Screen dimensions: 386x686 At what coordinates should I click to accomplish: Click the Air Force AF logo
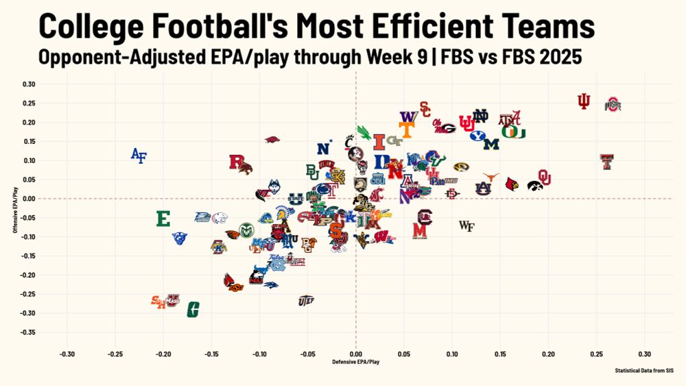click(139, 156)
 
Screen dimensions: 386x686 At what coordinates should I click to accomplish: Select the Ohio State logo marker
click(613, 105)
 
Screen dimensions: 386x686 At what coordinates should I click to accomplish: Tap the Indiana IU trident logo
click(584, 101)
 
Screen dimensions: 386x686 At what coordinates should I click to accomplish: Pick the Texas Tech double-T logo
click(606, 162)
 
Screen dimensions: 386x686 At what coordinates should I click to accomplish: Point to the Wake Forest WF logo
click(466, 226)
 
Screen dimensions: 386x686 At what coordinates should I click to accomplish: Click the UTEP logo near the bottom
click(306, 300)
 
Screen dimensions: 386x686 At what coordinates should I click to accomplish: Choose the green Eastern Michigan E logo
click(163, 219)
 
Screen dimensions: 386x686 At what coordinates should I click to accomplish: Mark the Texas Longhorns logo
click(490, 177)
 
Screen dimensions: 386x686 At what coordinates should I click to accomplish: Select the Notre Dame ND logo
click(480, 116)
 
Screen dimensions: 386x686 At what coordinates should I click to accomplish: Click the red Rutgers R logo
click(237, 162)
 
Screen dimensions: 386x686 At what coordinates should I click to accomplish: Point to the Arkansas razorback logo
click(272, 140)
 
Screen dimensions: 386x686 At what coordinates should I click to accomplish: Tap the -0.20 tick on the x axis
click(163, 354)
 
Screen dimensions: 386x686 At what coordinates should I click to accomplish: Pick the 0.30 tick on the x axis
click(644, 354)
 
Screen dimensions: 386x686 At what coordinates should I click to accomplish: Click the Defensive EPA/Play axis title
click(355, 361)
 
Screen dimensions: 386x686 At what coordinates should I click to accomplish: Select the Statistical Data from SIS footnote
click(645, 370)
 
